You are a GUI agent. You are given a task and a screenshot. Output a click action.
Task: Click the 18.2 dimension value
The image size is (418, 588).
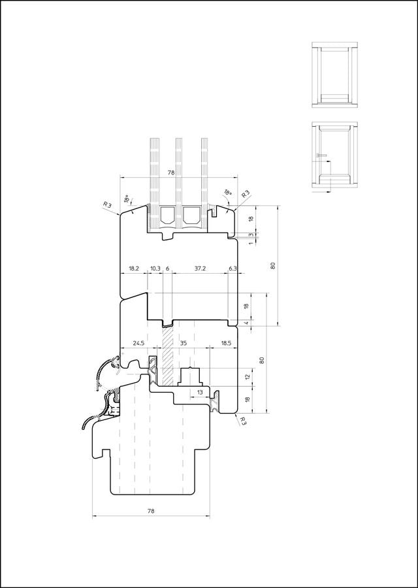pos(134,269)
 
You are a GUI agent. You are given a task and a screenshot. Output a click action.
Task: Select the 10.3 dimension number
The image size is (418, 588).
pos(155,269)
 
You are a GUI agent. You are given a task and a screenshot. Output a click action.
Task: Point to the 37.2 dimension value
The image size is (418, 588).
pos(201,269)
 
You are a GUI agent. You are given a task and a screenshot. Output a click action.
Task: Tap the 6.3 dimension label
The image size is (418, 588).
pos(233,269)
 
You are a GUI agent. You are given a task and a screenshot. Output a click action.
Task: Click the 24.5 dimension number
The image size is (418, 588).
pos(138,343)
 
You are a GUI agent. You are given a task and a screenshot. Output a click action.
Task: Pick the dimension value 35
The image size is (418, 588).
pos(184,343)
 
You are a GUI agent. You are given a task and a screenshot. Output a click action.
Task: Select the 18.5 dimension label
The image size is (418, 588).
pos(227,343)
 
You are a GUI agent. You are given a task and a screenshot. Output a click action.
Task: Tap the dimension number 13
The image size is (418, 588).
pos(200,392)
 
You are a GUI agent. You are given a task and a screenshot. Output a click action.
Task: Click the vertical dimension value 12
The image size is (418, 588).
pos(247,377)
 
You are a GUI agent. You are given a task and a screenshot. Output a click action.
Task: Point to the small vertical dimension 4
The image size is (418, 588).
pos(247,323)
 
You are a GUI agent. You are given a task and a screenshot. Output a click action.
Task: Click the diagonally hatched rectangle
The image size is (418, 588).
pos(167,355)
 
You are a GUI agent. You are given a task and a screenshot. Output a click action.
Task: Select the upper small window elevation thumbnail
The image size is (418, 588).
pos(334,75)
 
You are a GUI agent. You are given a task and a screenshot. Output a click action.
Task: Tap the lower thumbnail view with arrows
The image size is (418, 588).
pos(334,157)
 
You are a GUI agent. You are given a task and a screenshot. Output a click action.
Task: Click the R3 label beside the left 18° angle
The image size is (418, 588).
pos(108,204)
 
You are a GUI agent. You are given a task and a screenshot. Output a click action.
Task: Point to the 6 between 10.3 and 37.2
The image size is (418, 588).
pos(167,269)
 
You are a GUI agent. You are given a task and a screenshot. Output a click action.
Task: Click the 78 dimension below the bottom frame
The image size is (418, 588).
pos(151,511)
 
